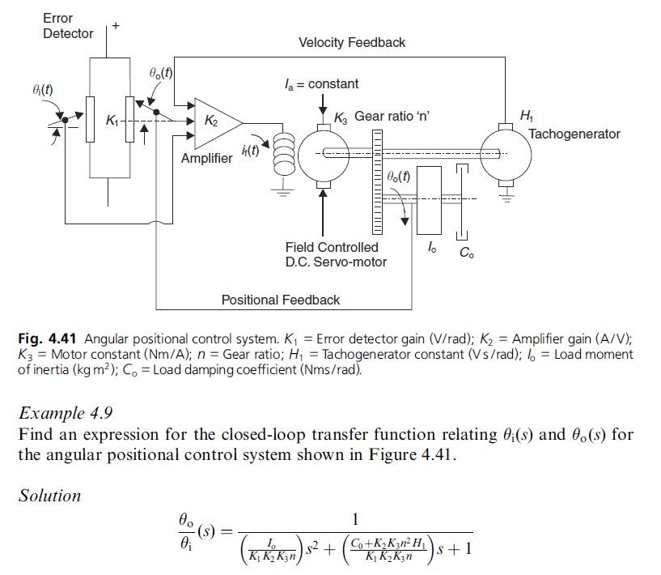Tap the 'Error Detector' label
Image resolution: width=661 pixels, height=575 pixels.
(68, 25)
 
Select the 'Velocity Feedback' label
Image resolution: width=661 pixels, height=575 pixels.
(352, 42)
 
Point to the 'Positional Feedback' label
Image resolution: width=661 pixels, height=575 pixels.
(281, 300)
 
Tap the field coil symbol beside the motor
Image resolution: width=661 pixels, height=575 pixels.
(283, 151)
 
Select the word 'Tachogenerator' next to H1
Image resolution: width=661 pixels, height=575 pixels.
(574, 134)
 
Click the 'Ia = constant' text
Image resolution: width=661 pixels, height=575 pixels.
(321, 83)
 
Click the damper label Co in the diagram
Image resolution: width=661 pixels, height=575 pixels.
(467, 253)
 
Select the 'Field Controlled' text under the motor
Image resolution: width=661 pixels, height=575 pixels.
(331, 247)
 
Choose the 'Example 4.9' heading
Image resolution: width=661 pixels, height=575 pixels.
(65, 412)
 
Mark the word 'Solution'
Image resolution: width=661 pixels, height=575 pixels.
(50, 495)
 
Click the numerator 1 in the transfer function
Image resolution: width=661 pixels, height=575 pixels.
(356, 519)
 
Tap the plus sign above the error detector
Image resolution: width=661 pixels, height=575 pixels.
(116, 26)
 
